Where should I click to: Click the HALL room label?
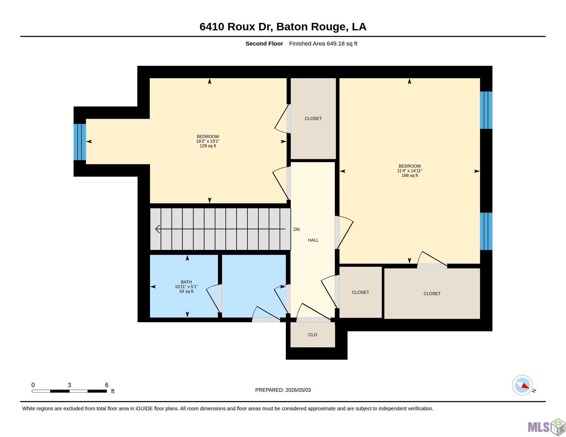click(313, 240)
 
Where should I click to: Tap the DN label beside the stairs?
click(296, 229)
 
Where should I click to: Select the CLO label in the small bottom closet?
click(313, 335)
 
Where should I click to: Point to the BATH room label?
click(186, 282)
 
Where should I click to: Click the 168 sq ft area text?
click(410, 176)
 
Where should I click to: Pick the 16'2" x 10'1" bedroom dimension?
click(208, 141)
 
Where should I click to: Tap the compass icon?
click(522, 385)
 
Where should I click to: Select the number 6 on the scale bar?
click(107, 385)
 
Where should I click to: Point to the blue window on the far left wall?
click(79, 142)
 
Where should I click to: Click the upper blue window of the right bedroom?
click(486, 110)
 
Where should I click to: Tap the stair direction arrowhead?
click(157, 229)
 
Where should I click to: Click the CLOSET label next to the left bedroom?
click(313, 119)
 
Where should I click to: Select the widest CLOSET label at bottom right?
click(432, 294)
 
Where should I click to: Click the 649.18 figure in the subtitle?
click(335, 43)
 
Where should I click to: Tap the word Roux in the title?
click(241, 27)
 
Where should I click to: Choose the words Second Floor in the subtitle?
click(264, 43)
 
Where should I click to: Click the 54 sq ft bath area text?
click(186, 291)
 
